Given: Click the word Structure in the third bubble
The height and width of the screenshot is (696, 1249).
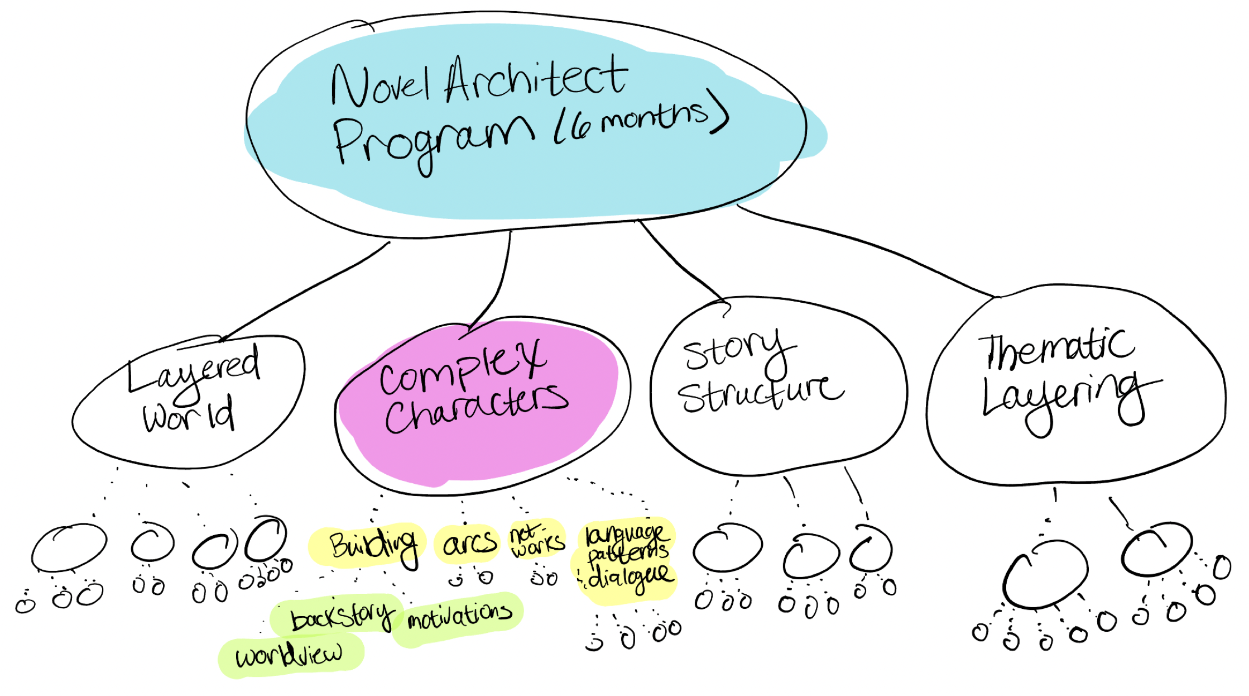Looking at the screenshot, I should click(759, 394).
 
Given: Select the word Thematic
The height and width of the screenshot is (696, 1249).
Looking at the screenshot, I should click(1055, 349).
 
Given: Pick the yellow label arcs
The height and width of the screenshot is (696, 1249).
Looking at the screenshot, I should click(469, 543).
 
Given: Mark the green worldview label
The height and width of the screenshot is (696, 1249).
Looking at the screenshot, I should click(289, 655).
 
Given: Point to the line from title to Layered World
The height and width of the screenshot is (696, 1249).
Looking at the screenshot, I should click(307, 290).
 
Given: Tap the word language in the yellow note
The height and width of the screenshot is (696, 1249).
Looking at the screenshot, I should click(625, 534).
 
